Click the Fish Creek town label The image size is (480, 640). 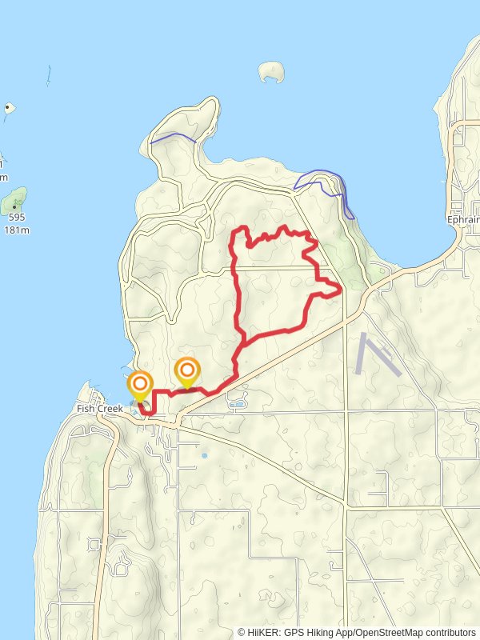point(99,409)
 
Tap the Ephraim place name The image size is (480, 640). point(463,218)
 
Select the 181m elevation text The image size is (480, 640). point(16,230)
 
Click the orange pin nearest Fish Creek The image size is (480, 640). point(140,385)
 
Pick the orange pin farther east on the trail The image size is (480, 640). point(187,370)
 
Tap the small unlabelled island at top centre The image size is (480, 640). point(273,71)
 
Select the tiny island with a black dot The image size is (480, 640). point(9,107)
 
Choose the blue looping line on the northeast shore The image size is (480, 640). point(324,182)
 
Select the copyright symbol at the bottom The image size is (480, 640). point(242,631)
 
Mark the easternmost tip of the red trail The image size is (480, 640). point(341,290)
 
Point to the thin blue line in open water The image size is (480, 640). point(48,75)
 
